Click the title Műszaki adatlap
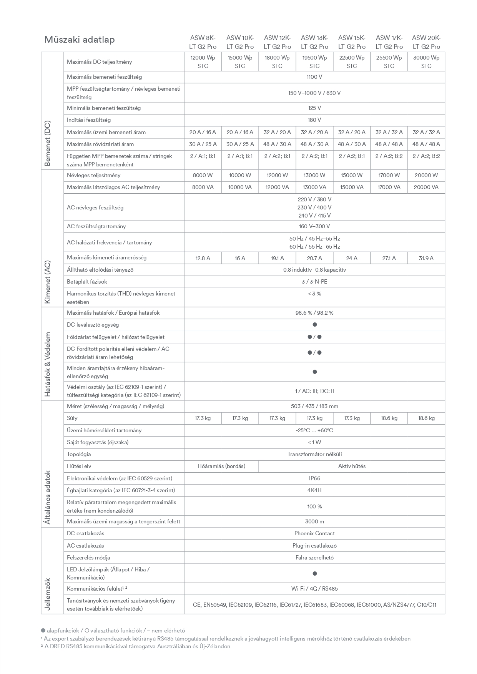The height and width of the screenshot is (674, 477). coord(80,40)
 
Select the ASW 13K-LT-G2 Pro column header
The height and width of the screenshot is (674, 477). coord(314,42)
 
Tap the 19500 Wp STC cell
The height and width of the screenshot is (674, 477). coord(314,62)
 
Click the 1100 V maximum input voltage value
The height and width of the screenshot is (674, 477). coord(314,77)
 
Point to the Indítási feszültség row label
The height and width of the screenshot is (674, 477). coord(89,120)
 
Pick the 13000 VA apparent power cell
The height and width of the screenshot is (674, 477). coord(314,187)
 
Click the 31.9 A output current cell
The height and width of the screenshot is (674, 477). coord(426,258)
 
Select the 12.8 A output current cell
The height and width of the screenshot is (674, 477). coord(203,258)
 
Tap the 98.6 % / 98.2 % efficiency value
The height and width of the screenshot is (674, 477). coord(314,313)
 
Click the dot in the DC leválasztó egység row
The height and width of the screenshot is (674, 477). coord(314,325)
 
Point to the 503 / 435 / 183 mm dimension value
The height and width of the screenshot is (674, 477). coord(314,406)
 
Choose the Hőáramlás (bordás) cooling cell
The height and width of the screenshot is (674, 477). coord(221,466)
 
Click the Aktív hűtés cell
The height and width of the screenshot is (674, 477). coord(352,466)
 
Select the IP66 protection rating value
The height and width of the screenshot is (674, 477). coord(314,478)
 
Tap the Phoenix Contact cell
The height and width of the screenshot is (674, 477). coord(314,533)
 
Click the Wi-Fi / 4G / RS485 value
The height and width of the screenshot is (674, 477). coord(314,589)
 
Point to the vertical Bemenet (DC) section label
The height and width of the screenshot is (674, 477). coord(48,144)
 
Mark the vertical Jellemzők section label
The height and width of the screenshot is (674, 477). coord(48,594)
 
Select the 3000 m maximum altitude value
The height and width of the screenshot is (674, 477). coord(314,521)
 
